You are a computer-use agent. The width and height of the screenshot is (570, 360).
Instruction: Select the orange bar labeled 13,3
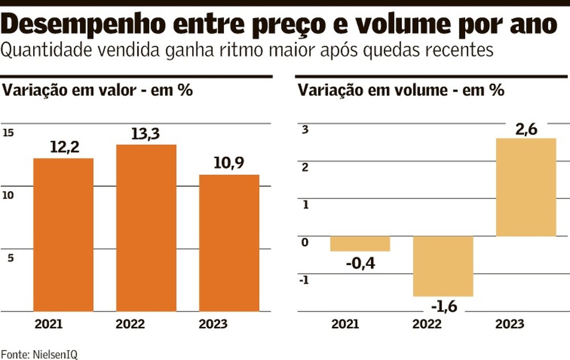coord(146,228)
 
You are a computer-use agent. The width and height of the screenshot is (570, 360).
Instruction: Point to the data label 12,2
coord(64,148)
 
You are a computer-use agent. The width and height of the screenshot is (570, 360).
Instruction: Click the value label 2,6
coord(526,129)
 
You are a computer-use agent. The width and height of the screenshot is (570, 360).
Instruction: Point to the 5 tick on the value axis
coord(10,257)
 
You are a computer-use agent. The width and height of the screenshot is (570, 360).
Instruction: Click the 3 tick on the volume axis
coord(305,130)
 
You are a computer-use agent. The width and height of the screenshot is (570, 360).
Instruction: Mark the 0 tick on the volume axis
coord(304,243)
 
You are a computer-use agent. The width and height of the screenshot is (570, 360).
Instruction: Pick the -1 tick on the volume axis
coord(304,280)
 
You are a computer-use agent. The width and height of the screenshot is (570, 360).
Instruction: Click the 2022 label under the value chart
coord(131,325)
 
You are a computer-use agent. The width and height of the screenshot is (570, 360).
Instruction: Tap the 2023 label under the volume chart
coord(510,325)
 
